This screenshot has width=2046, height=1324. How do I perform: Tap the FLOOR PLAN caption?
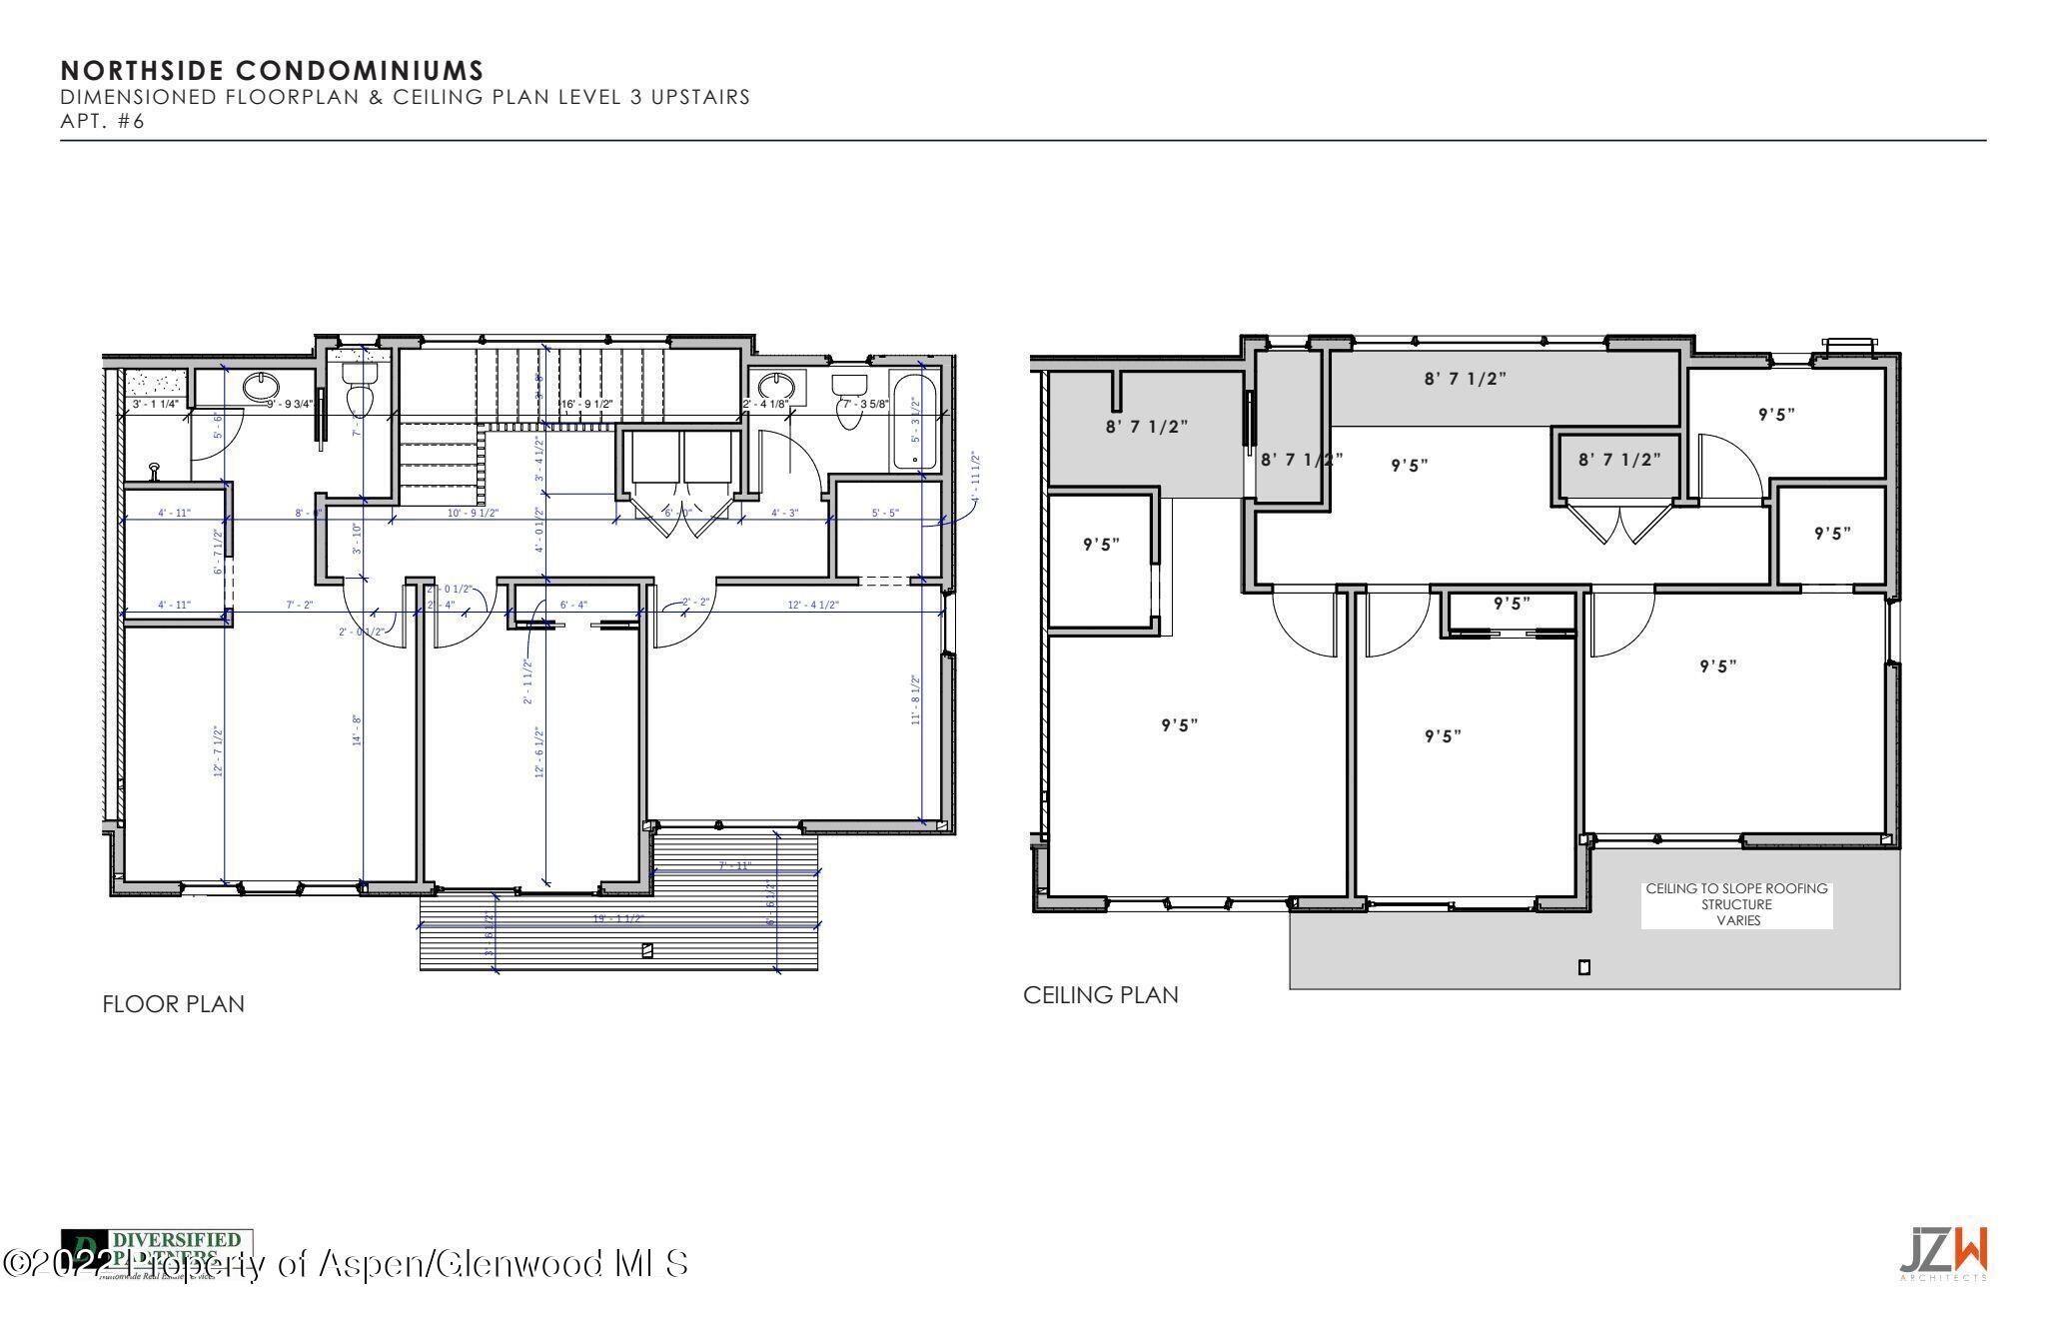pos(173,1004)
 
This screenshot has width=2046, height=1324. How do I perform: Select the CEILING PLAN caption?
pos(1100,995)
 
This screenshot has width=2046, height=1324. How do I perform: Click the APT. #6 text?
pos(103,122)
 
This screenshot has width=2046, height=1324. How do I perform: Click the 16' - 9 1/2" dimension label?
pos(586,404)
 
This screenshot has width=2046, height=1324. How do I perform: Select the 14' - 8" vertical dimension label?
pos(357,729)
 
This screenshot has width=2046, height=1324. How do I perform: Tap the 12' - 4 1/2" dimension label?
pos(813,605)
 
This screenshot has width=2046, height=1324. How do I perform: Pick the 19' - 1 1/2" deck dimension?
pos(618,918)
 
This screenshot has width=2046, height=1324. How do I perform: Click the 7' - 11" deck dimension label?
pos(734,865)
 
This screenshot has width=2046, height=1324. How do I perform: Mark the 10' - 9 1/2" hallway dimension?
pos(473,513)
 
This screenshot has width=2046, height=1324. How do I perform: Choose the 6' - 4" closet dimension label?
pos(573,605)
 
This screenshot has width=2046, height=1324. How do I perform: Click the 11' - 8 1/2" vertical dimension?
pos(916,699)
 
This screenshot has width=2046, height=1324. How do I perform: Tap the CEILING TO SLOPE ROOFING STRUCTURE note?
pos(1736,904)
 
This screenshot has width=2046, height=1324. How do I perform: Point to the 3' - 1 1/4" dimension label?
pos(155,405)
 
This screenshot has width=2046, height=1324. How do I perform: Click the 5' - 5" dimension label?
pos(885,513)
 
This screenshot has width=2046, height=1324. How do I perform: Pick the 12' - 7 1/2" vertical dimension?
pos(217,751)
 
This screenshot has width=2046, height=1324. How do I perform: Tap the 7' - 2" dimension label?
pos(300,605)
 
